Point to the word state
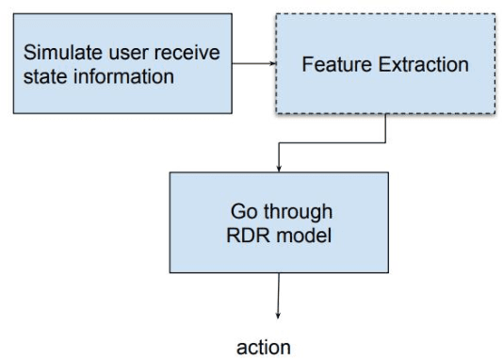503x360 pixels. click(44, 76)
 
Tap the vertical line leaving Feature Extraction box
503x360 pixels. click(386, 129)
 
